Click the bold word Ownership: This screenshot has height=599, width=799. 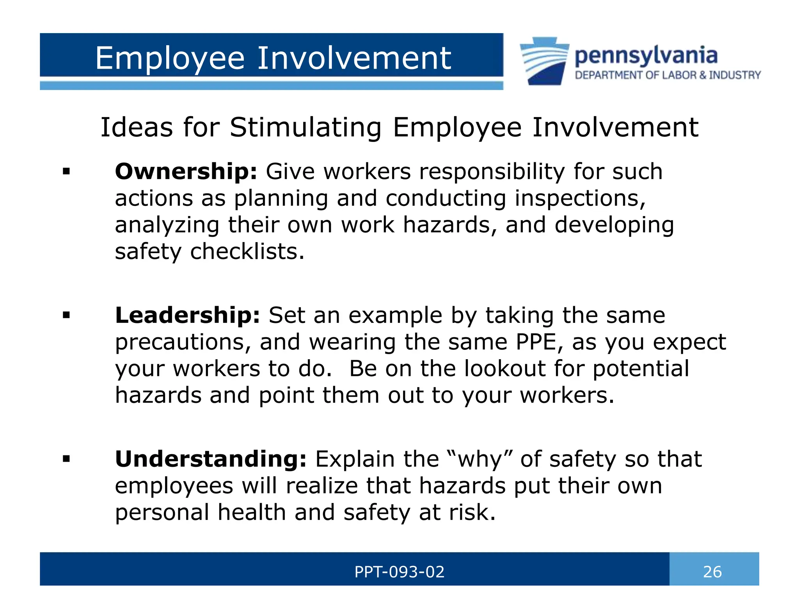[x=186, y=172]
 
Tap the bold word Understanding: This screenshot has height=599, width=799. [x=211, y=459]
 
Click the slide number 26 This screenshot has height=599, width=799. [x=712, y=572]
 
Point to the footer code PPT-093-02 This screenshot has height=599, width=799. [x=399, y=572]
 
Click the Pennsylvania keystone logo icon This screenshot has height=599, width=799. [x=545, y=61]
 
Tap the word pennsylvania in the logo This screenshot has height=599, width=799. [x=646, y=56]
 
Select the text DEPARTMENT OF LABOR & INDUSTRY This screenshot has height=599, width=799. [x=668, y=75]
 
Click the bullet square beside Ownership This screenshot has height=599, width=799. [x=66, y=171]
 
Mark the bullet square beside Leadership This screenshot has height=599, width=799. [x=66, y=315]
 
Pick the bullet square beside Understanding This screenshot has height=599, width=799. [x=66, y=459]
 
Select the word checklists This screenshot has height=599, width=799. [x=247, y=252]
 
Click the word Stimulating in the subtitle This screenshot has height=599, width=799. [x=305, y=128]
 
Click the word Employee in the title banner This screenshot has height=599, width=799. [x=170, y=58]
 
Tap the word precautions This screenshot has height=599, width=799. [x=183, y=342]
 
